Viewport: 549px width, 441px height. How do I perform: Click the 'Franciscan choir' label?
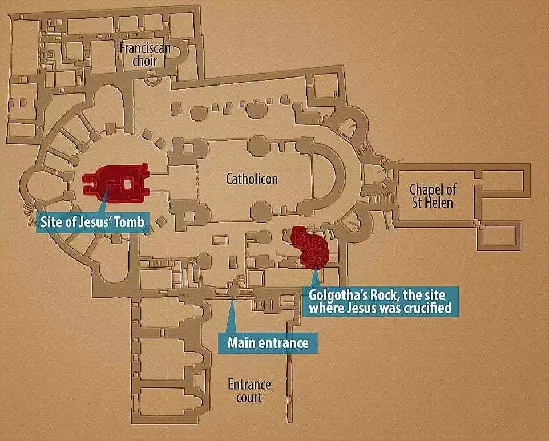145,55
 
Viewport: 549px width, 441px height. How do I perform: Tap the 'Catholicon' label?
252,179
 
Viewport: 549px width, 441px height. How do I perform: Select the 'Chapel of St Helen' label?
433,196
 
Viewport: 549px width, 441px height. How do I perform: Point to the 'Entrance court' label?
249,391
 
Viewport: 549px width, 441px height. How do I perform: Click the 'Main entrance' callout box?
268,343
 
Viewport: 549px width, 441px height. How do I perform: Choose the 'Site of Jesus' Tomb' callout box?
92,222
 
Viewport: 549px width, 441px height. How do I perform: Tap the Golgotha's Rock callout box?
380,302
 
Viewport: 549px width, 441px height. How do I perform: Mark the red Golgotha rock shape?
310,247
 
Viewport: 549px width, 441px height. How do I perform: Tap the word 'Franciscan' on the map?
145,48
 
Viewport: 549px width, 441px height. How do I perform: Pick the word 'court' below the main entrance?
249,398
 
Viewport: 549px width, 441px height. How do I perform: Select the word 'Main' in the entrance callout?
240,343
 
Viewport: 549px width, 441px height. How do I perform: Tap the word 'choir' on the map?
144,61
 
